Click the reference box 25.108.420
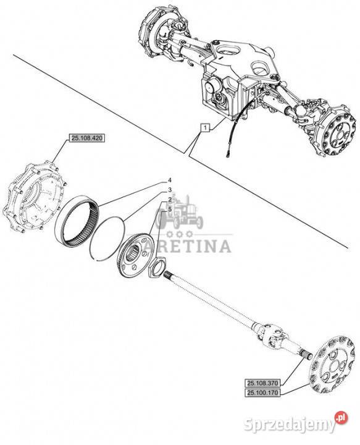click(87, 138)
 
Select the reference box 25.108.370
click(262, 383)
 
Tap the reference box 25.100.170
click(262, 393)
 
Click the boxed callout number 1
click(206, 128)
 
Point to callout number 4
click(170, 180)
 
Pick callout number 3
click(170, 190)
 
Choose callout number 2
click(170, 200)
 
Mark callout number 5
click(170, 210)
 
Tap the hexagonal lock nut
click(156, 268)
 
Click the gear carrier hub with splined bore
click(135, 254)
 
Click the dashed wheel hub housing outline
click(34, 198)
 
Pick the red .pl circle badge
click(341, 418)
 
